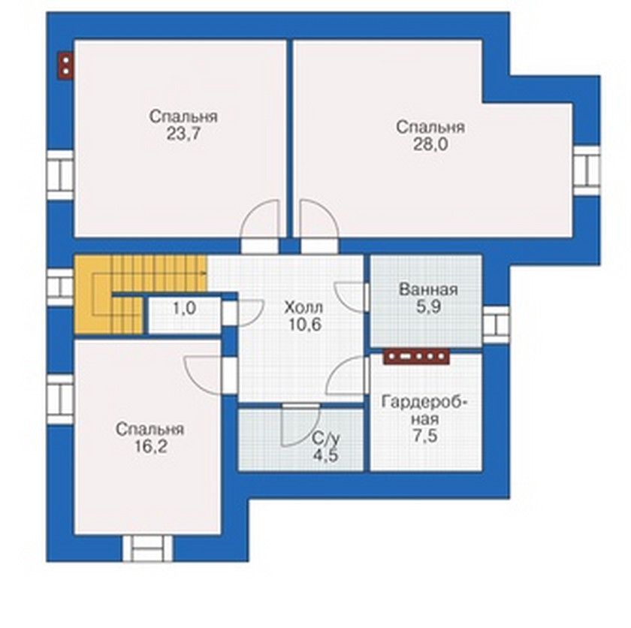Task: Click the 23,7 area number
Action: click(183, 134)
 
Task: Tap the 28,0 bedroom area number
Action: click(430, 144)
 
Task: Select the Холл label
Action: click(303, 308)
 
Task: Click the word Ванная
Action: click(428, 289)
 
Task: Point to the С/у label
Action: click(326, 438)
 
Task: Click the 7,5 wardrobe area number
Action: click(425, 436)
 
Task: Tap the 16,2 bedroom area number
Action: click(150, 446)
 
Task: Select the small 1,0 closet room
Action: click(185, 315)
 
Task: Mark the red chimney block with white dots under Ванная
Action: click(416, 357)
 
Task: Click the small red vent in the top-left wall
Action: click(65, 65)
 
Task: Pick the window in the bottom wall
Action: click(147, 548)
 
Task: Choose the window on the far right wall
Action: click(587, 171)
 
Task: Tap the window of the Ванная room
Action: click(496, 325)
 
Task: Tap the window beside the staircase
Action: click(60, 287)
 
